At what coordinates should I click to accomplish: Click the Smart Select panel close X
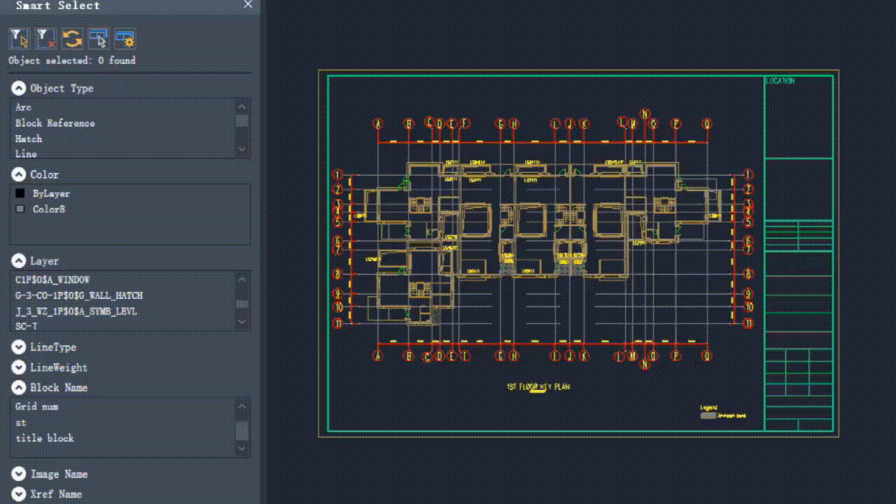tap(248, 5)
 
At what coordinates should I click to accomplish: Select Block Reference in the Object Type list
tap(55, 123)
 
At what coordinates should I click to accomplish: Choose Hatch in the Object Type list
tap(29, 139)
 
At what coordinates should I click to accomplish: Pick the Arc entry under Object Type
tap(23, 107)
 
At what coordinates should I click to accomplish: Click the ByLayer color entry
tap(51, 193)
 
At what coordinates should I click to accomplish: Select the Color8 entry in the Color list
tap(49, 209)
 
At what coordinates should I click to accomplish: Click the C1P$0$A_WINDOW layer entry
tap(52, 279)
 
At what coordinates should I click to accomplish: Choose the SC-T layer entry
tap(27, 326)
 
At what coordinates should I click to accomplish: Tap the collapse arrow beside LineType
tap(19, 347)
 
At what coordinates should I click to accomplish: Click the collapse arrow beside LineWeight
tap(19, 367)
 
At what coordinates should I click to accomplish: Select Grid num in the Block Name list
tap(36, 407)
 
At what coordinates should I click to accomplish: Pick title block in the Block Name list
tap(44, 438)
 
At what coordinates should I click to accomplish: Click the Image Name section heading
tap(59, 475)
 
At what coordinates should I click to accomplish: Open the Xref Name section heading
tap(56, 494)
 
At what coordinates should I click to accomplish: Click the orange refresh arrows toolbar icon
tap(72, 38)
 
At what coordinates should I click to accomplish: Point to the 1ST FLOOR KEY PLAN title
tap(538, 387)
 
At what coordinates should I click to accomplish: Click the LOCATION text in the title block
tap(780, 81)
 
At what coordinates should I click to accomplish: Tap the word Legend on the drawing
tap(708, 407)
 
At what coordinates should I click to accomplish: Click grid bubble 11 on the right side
tap(748, 323)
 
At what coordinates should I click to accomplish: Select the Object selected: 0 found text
tap(72, 61)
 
